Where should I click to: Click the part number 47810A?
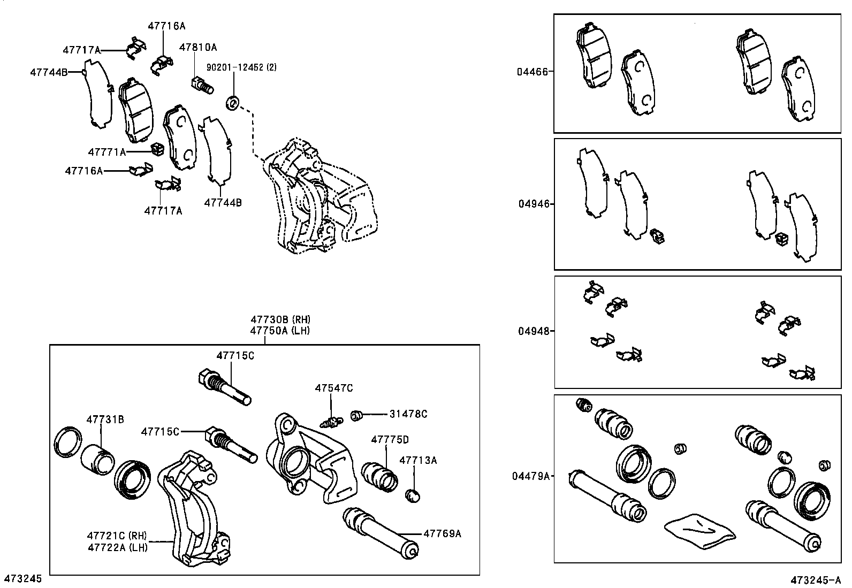pyautogui.click(x=198, y=47)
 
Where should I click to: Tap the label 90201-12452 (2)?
pyautogui.click(x=241, y=67)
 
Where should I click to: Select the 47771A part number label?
pyautogui.click(x=107, y=152)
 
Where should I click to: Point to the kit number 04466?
pyautogui.click(x=532, y=72)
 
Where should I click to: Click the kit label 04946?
pyautogui.click(x=534, y=204)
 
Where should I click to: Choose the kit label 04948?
pyautogui.click(x=534, y=331)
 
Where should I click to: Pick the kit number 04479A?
pyautogui.click(x=531, y=476)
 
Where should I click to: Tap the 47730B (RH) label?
pyautogui.click(x=280, y=319)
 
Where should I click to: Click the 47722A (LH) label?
pyautogui.click(x=118, y=547)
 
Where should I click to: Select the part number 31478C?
pyautogui.click(x=408, y=414)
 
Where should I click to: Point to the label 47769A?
pyautogui.click(x=443, y=533)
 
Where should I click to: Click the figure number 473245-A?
pyautogui.click(x=816, y=580)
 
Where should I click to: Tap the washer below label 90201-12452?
pyautogui.click(x=232, y=103)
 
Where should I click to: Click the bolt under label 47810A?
pyautogui.click(x=202, y=85)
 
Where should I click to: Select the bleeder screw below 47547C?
pyautogui.click(x=331, y=422)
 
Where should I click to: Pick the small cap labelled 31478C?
pyautogui.click(x=356, y=416)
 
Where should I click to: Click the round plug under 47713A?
pyautogui.click(x=413, y=496)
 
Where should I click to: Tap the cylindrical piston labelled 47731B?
pyautogui.click(x=97, y=460)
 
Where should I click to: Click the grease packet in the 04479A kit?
pyautogui.click(x=700, y=531)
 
